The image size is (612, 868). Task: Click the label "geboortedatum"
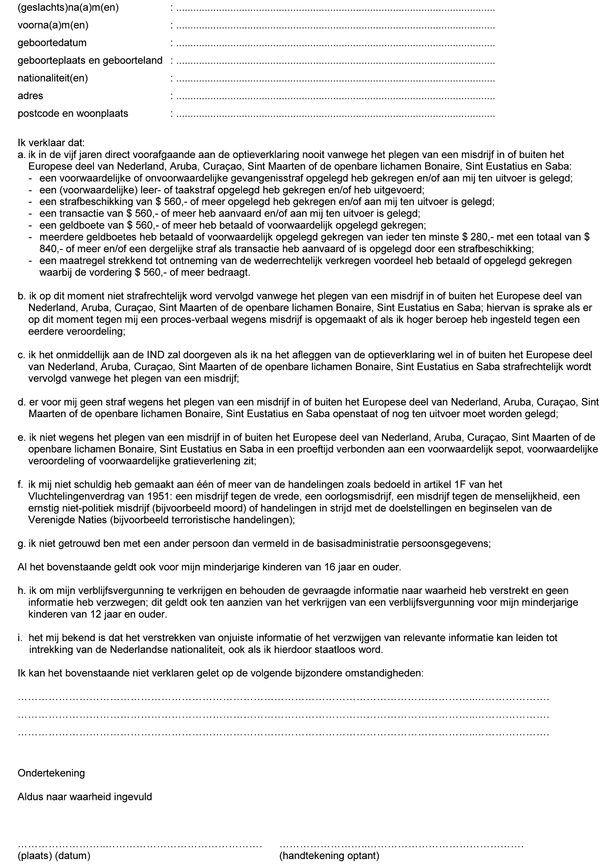point(52,43)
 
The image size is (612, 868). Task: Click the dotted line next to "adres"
point(335,97)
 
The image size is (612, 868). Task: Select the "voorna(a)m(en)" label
point(53,25)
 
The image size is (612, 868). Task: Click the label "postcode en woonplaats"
point(73,114)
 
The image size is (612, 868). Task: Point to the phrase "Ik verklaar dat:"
point(51,143)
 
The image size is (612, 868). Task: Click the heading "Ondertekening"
point(51,773)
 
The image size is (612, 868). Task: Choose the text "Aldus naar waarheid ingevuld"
point(85,797)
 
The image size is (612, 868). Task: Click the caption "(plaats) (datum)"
point(54,856)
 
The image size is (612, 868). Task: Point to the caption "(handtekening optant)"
point(329,856)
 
